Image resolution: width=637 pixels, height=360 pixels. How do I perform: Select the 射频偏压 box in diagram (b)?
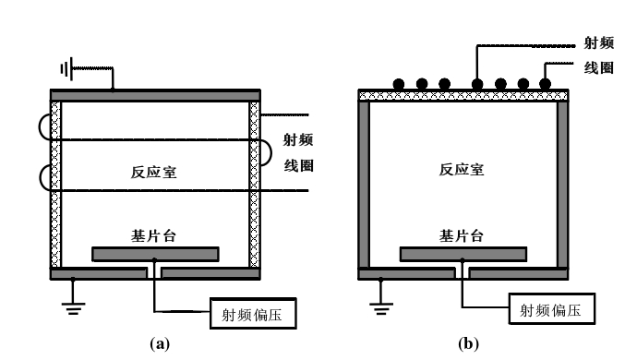(552, 308)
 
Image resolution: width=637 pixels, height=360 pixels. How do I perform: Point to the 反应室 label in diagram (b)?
(462, 169)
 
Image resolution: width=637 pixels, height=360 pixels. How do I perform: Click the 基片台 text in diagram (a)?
(153, 235)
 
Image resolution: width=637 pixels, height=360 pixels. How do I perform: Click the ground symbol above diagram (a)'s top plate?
(66, 68)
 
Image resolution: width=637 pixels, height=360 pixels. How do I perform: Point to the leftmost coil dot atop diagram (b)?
(400, 84)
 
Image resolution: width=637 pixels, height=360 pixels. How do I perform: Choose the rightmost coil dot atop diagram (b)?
(545, 84)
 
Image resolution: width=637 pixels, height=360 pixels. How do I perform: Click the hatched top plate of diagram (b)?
(464, 95)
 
